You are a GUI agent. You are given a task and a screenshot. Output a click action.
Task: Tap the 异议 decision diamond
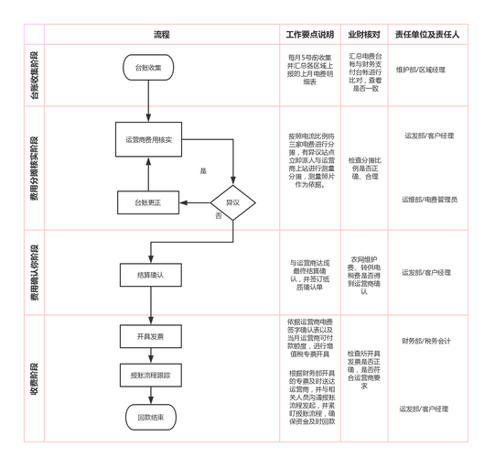[232, 201]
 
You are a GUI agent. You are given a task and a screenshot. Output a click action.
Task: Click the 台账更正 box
[148, 202]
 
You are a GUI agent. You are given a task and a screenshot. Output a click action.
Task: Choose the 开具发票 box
[149, 337]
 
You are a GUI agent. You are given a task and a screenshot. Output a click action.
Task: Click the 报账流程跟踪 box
[149, 376]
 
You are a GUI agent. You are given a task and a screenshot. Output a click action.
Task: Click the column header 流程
[162, 34]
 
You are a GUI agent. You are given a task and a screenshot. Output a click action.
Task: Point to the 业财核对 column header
[364, 34]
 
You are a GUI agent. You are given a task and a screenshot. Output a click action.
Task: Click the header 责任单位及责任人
[427, 34]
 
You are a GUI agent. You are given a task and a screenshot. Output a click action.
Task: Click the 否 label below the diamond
[219, 216]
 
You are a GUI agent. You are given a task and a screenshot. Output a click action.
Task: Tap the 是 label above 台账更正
[203, 171]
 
